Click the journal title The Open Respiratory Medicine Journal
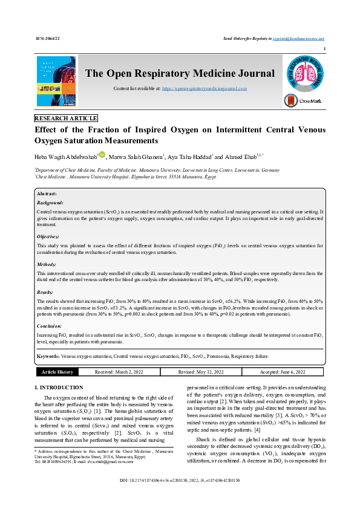pos(180,74)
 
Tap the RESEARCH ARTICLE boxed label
pos(66,118)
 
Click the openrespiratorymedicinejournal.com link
pos(204,89)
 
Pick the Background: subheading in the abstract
pos(50,203)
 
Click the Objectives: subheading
pos(48,236)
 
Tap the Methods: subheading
pos(47,264)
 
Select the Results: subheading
pos(46,291)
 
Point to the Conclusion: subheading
pos(50,325)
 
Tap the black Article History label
pos(57,372)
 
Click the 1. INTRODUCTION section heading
pos(59,387)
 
